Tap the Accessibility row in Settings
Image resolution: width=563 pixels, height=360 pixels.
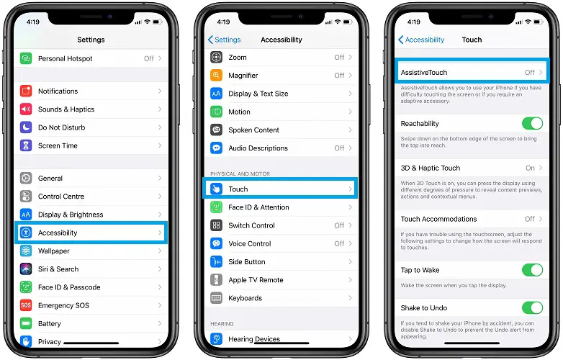coord(91,233)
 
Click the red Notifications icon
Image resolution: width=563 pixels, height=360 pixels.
coord(26,91)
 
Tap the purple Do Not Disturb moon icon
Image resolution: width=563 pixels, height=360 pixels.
coord(26,127)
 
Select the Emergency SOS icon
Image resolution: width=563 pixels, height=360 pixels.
coord(26,305)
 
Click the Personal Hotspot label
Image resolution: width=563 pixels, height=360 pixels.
coord(65,58)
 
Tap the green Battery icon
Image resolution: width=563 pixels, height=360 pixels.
coord(26,323)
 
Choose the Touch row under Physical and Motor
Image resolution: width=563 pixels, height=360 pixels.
coord(280,188)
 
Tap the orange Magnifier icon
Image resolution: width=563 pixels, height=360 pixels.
coord(216,76)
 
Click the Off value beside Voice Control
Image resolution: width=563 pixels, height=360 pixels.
coord(339,243)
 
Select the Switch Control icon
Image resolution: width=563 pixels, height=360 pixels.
coord(216,225)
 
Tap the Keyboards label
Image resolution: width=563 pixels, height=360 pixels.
coord(246,298)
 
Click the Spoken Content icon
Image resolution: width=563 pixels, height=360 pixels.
coord(216,130)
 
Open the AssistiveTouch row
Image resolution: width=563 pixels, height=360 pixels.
coord(472,72)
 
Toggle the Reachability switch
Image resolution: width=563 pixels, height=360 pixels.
coord(532,123)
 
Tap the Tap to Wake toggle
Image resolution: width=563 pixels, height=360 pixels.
coord(532,270)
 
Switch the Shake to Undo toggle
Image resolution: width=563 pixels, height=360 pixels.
coord(532,307)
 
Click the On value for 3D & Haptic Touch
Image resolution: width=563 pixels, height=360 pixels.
coord(530,168)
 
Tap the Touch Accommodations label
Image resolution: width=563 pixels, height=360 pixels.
coord(438,219)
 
